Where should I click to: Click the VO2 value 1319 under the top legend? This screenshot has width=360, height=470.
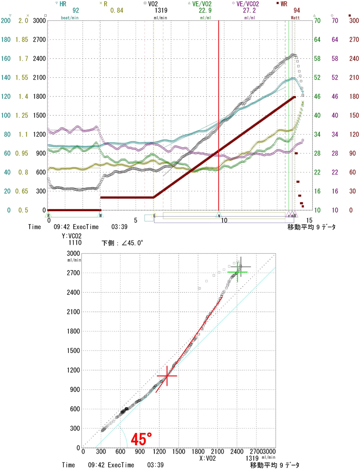(162, 11)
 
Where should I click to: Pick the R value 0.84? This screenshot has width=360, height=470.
(116, 11)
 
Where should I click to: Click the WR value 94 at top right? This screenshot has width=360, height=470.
(297, 11)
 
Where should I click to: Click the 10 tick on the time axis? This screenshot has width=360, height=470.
(224, 220)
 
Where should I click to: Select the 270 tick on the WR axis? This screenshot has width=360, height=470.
(354, 40)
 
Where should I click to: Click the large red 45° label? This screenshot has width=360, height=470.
(141, 440)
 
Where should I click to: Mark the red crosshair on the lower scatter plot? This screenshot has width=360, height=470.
(167, 376)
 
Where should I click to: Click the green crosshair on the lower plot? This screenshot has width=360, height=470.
(238, 272)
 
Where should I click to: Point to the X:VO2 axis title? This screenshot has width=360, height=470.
(208, 457)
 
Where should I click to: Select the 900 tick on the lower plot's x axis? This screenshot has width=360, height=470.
(140, 451)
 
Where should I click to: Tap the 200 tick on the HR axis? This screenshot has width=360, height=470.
(5, 21)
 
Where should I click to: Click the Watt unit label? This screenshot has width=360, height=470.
(295, 18)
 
